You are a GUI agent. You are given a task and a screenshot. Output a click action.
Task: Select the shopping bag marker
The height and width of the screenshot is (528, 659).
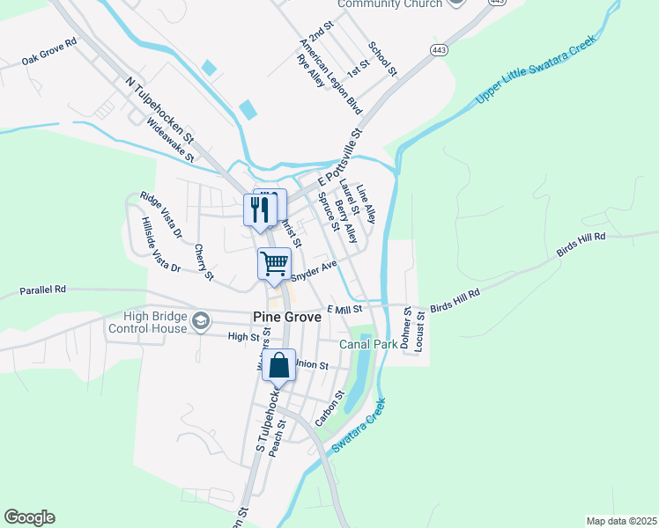pyautogui.click(x=278, y=366)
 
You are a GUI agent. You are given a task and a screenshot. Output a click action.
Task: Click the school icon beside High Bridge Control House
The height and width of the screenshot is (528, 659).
pyautogui.click(x=202, y=319)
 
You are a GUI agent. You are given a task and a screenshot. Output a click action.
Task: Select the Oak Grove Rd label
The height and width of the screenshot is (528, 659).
pyautogui.click(x=49, y=52)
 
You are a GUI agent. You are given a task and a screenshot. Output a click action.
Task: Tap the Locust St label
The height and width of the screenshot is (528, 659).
pyautogui.click(x=419, y=331)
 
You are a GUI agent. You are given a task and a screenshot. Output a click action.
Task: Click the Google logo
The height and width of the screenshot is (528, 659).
pyautogui.click(x=29, y=517)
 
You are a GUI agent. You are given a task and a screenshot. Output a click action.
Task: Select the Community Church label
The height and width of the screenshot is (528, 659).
pyautogui.click(x=389, y=4)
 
